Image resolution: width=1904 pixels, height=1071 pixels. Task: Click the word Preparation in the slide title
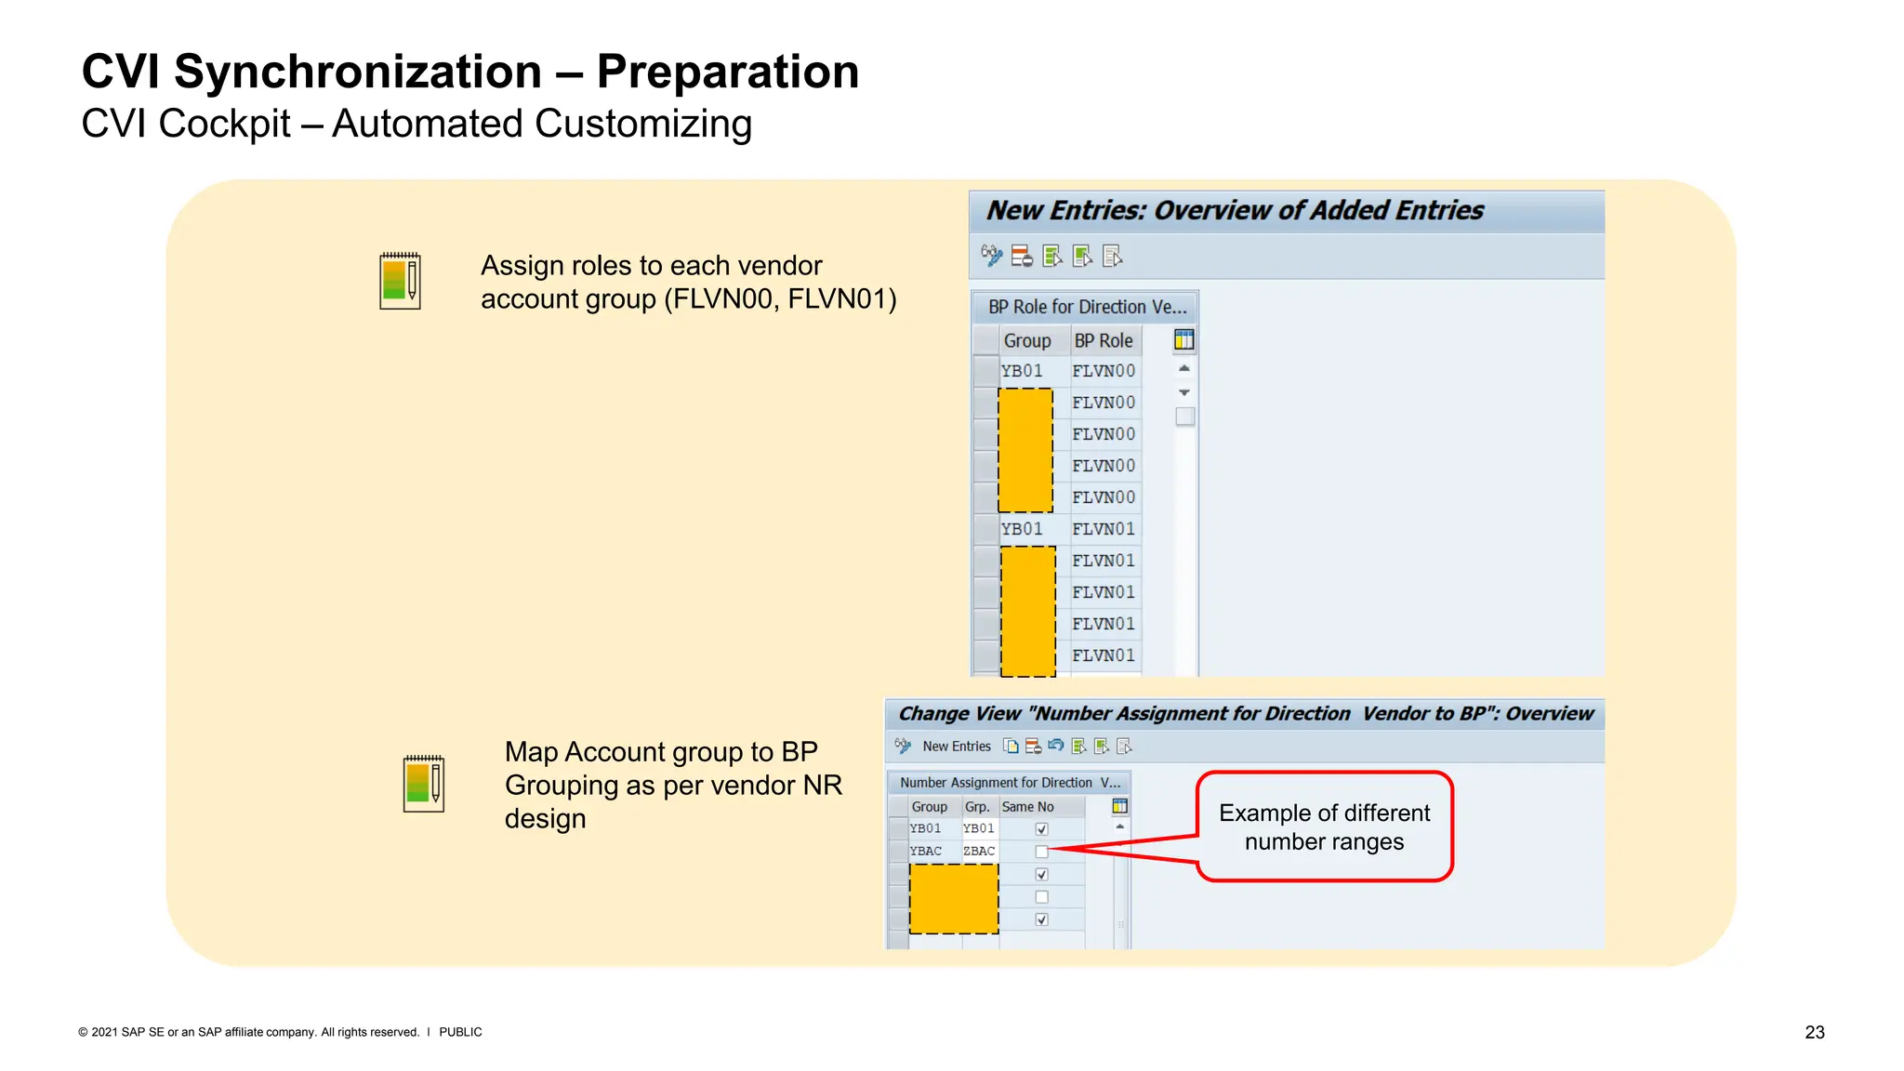[x=727, y=73]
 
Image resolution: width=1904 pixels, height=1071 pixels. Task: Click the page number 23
[x=1814, y=1032]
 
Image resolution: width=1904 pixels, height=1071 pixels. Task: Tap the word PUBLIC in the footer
[x=460, y=1032]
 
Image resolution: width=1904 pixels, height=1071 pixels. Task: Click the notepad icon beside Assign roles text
[x=400, y=281]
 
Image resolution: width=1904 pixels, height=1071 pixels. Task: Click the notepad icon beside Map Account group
[x=423, y=784]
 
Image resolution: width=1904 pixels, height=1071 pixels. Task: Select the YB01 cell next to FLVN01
[x=1022, y=529]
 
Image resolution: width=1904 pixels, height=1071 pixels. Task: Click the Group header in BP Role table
[x=1026, y=340]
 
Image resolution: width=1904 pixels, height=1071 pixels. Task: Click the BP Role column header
[x=1103, y=340]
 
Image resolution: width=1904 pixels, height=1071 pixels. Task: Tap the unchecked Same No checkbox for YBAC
[x=1041, y=852]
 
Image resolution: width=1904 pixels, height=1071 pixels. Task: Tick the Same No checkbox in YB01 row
[x=1041, y=829]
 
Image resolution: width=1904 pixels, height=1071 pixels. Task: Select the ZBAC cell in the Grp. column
[x=978, y=852]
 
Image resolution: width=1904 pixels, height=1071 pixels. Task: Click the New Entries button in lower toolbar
[x=956, y=747]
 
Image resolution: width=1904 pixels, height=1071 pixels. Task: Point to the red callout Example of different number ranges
[x=1324, y=826]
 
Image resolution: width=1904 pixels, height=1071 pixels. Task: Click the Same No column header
[x=1027, y=807]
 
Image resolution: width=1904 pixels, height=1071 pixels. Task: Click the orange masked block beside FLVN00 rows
[x=1025, y=450]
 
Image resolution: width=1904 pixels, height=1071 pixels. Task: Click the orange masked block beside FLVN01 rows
[x=1027, y=611]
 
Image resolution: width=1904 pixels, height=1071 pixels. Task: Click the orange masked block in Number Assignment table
[x=953, y=898]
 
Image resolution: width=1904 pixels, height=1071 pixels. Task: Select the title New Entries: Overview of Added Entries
[x=1234, y=211]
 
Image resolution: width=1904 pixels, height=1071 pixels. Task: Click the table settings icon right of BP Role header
[x=1183, y=340]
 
